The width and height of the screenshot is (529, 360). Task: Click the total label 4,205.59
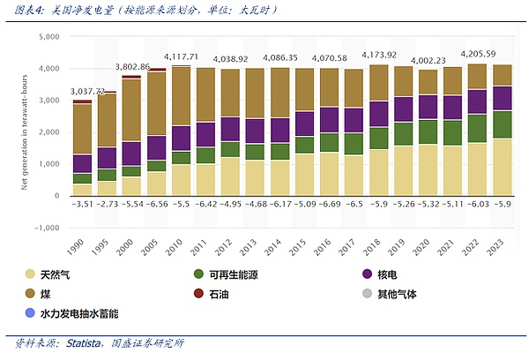tap(478, 53)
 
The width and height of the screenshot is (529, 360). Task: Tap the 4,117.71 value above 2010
tap(181, 56)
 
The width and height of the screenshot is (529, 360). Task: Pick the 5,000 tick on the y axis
tap(46, 36)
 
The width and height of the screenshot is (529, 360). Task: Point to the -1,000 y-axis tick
tap(44, 228)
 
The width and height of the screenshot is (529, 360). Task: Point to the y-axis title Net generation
tap(19, 132)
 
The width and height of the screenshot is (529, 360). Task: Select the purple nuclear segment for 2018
tap(378, 114)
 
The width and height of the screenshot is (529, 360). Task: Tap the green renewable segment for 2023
tap(502, 124)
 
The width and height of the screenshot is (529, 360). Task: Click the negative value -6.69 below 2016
tap(329, 204)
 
